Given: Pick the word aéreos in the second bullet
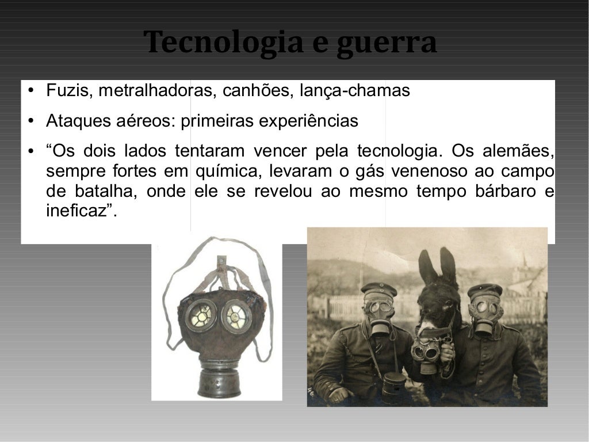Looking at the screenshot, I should point(148,122).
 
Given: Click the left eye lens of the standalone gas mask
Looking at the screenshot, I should point(201,314).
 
